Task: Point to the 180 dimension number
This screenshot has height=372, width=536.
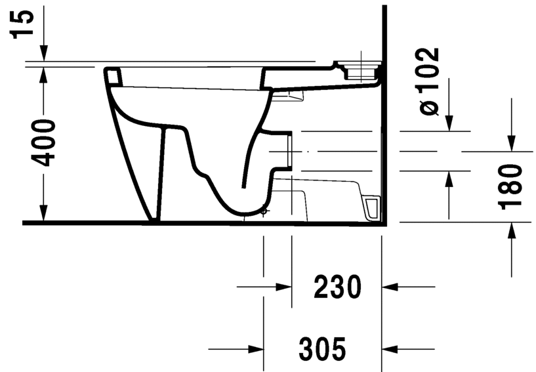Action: click(511, 187)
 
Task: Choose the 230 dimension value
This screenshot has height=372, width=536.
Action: click(337, 287)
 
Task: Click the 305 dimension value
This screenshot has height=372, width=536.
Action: click(322, 348)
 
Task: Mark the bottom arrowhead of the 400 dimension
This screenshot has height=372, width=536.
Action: click(44, 213)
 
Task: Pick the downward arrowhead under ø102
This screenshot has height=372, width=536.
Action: click(449, 122)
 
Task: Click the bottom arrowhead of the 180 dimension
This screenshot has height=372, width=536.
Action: click(512, 232)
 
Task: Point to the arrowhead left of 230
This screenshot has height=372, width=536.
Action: click(282, 287)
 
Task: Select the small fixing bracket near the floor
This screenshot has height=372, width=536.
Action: click(371, 206)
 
